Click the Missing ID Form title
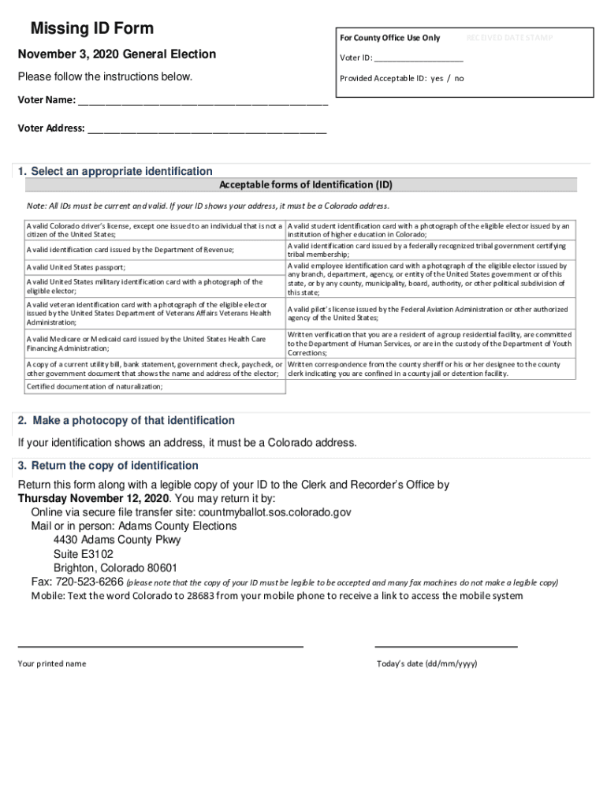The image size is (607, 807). [x=91, y=29]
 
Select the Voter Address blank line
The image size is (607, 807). [x=207, y=131]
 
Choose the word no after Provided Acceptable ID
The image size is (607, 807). [x=459, y=79]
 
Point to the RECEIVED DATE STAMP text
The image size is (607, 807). [x=509, y=38]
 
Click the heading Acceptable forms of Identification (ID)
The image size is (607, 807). [x=305, y=185]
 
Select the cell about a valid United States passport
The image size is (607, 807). [x=76, y=268]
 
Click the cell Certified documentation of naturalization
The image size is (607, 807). [x=95, y=387]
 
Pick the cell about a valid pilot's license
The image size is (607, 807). [x=427, y=314]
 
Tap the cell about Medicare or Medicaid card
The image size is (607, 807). [x=147, y=344]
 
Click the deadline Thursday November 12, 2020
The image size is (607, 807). [x=94, y=499]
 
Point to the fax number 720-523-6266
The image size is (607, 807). [x=89, y=582]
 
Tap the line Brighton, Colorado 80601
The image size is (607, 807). [x=115, y=568]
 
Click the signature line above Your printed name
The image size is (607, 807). [x=161, y=646]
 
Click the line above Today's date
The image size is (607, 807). [x=445, y=646]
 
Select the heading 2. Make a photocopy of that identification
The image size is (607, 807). [x=126, y=421]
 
